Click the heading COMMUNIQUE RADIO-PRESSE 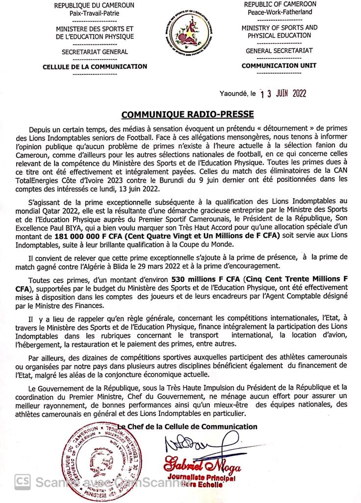tap(187, 114)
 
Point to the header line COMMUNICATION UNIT tap(279, 65)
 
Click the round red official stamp tap(107, 459)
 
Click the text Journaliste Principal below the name tap(201, 478)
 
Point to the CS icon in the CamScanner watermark tap(21, 481)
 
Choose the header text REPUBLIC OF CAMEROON tap(280, 4)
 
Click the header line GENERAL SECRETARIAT tap(279, 50)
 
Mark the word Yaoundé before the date tap(233, 94)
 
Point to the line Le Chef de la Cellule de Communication tap(188, 426)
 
